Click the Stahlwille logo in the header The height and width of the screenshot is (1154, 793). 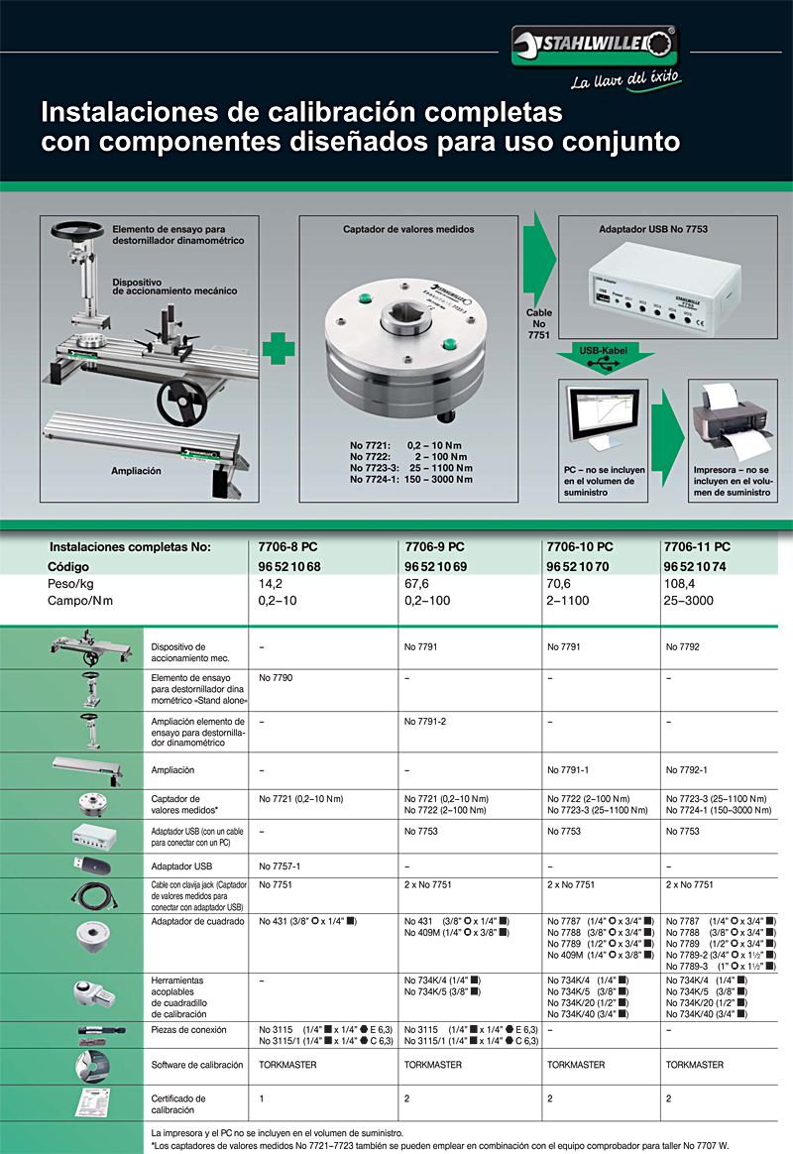pos(593,45)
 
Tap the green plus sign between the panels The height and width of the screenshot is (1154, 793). pos(280,349)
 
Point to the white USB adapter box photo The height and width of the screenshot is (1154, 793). pos(655,288)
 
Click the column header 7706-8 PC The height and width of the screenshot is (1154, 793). pos(287,546)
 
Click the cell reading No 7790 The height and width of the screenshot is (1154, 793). pos(276,678)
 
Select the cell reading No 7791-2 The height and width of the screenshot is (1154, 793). pos(425,721)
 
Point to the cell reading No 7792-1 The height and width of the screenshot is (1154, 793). pos(687,769)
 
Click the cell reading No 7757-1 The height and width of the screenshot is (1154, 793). pos(280,865)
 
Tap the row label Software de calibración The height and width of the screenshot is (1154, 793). pos(197,1065)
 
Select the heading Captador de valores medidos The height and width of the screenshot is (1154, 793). pos(408,229)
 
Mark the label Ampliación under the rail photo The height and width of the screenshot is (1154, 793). pos(136,471)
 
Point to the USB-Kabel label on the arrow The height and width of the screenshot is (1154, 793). pos(603,349)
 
